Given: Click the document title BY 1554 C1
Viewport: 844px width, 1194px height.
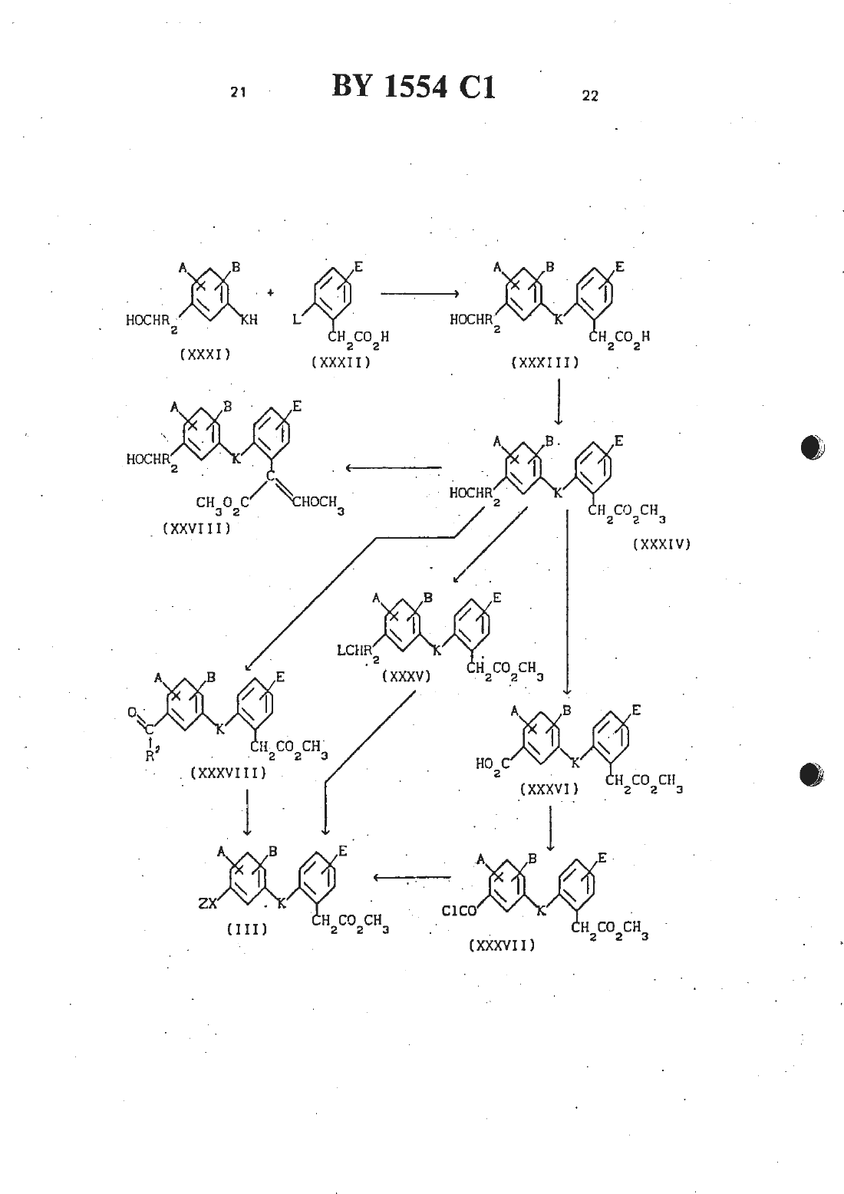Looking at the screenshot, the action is [x=414, y=87].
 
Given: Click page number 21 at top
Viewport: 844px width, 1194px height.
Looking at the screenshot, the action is [x=238, y=92].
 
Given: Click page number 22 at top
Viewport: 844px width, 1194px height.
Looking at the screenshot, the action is [x=590, y=95].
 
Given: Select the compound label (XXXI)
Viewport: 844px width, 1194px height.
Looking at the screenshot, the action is [x=205, y=355].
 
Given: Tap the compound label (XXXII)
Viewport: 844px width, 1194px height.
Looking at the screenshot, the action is [x=341, y=362].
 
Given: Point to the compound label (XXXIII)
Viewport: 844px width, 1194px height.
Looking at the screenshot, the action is [x=545, y=363].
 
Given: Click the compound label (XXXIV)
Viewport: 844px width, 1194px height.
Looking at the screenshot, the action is [x=661, y=544].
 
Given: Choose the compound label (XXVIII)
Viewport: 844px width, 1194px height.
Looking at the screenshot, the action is [x=197, y=528].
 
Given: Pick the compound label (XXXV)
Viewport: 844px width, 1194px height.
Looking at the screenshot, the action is [x=406, y=677].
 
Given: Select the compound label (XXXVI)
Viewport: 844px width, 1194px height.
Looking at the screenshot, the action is [x=549, y=790].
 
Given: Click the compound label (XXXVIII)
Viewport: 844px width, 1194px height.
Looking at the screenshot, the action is [x=229, y=773].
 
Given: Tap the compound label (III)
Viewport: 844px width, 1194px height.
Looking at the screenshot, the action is [x=247, y=929].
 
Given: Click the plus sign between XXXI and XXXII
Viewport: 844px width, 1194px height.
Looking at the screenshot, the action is [x=271, y=292].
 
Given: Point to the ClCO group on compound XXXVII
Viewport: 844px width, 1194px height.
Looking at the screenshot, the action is [x=460, y=911].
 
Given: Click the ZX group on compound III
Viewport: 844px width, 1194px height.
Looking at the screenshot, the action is [x=208, y=904].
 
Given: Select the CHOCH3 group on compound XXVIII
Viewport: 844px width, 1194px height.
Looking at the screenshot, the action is [x=318, y=503].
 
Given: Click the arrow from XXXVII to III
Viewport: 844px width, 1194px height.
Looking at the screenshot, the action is [x=412, y=878].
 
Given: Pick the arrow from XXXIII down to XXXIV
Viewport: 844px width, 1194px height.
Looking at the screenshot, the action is [x=559, y=402].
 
